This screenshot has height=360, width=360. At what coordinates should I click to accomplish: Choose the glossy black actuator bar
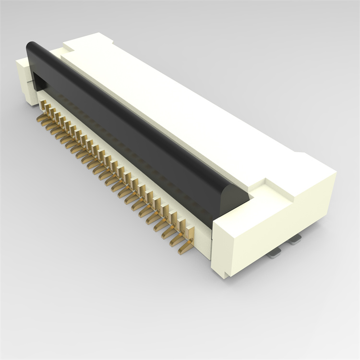(130, 125)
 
